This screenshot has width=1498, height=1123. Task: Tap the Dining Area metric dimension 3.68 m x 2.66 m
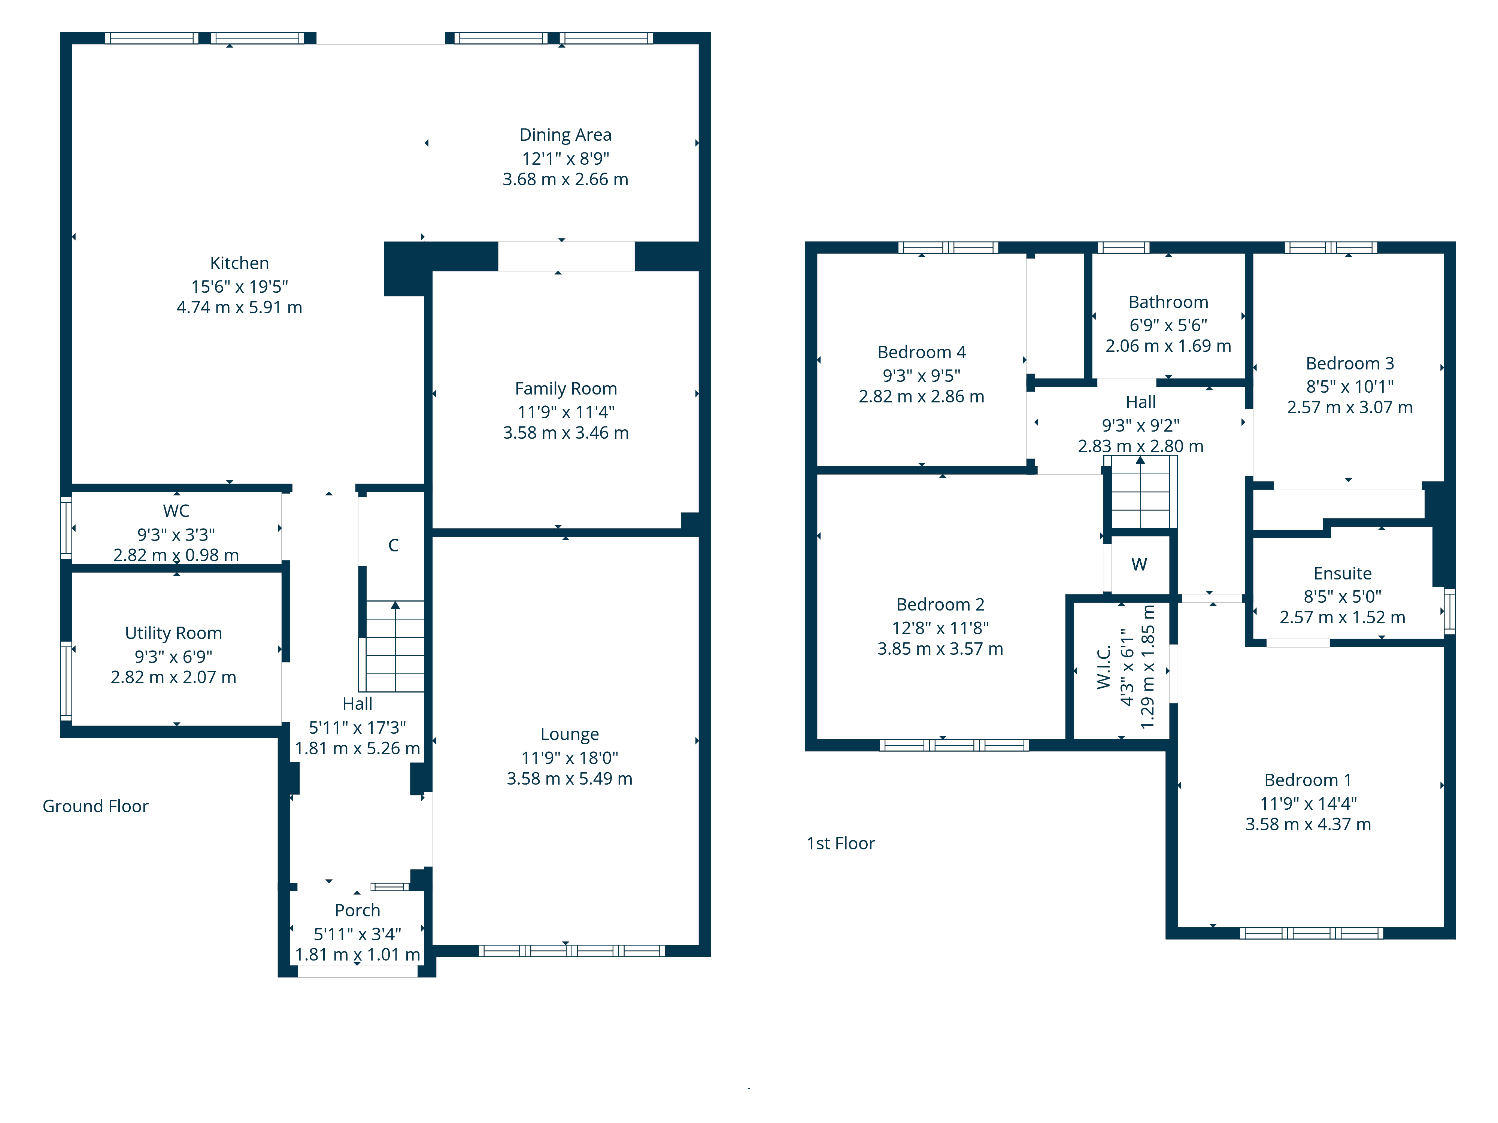pyautogui.click(x=565, y=179)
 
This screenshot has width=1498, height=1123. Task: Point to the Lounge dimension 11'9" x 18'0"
pyautogui.click(x=570, y=758)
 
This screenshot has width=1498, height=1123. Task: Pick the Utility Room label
pyautogui.click(x=173, y=633)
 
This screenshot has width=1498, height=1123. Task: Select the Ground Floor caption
pyautogui.click(x=95, y=806)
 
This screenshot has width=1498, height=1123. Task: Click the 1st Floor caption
pyautogui.click(x=840, y=843)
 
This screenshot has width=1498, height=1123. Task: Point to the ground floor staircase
pyautogui.click(x=395, y=646)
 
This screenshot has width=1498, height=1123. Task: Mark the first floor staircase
pyautogui.click(x=1141, y=492)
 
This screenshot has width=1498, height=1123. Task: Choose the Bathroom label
pyautogui.click(x=1168, y=302)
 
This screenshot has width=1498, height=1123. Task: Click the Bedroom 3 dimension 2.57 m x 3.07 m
pyautogui.click(x=1350, y=408)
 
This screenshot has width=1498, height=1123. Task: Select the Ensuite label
pyautogui.click(x=1343, y=573)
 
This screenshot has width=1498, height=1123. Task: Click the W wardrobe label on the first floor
pyautogui.click(x=1139, y=564)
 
